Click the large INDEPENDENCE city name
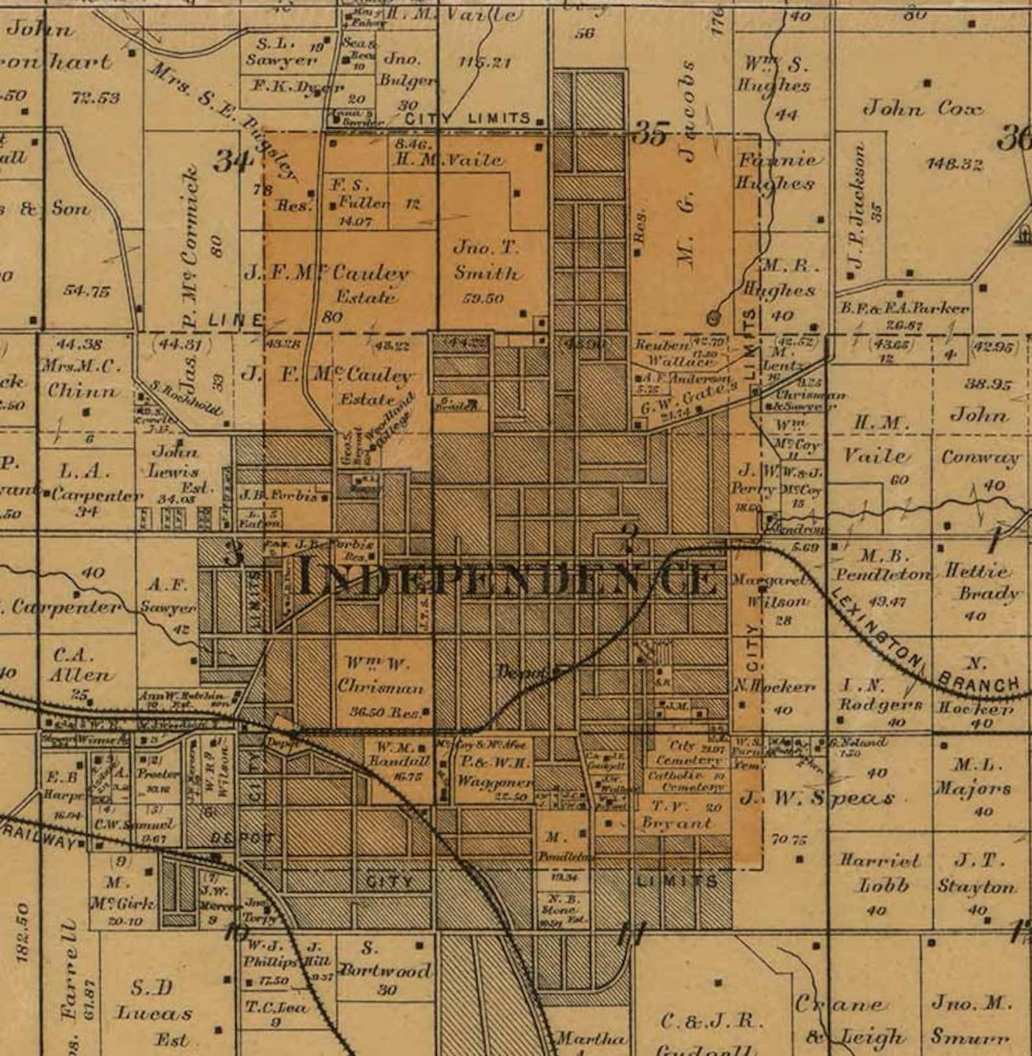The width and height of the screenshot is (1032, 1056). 510,578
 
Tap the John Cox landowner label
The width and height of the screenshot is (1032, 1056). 922,109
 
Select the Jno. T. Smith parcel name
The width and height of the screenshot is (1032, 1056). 487,260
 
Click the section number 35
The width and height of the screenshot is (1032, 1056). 651,134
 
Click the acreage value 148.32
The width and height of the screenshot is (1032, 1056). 954,164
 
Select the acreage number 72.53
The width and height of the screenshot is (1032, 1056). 96,98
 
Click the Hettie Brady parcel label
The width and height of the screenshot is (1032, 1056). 980,582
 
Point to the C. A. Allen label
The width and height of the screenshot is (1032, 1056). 82,665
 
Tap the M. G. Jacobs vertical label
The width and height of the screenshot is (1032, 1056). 687,195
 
